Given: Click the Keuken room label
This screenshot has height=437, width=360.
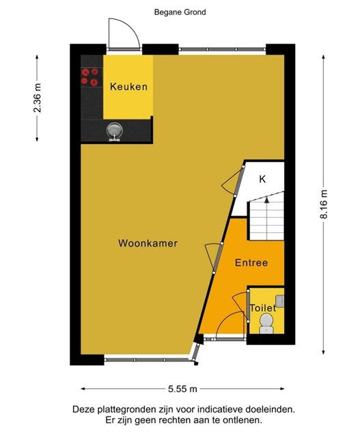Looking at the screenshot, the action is (x=128, y=87).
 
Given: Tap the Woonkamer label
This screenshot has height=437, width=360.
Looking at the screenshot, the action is (x=148, y=243).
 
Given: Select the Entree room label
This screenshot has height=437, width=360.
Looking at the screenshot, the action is (x=251, y=262).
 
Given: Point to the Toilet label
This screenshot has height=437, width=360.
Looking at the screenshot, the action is (x=263, y=308).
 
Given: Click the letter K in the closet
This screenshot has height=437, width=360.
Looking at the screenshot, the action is (x=262, y=179).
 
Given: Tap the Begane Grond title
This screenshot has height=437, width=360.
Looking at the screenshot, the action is (x=180, y=12).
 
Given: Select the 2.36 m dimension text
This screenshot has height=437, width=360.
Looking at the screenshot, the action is (x=37, y=98).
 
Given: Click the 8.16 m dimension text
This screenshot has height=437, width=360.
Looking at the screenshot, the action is (x=324, y=204).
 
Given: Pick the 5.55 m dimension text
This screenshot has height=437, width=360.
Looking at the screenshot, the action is (x=182, y=389).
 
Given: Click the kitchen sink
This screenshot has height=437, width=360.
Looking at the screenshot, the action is (x=115, y=132).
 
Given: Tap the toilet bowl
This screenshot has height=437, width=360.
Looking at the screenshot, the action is (x=266, y=323).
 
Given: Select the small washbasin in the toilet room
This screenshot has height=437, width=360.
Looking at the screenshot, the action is (x=279, y=302).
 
